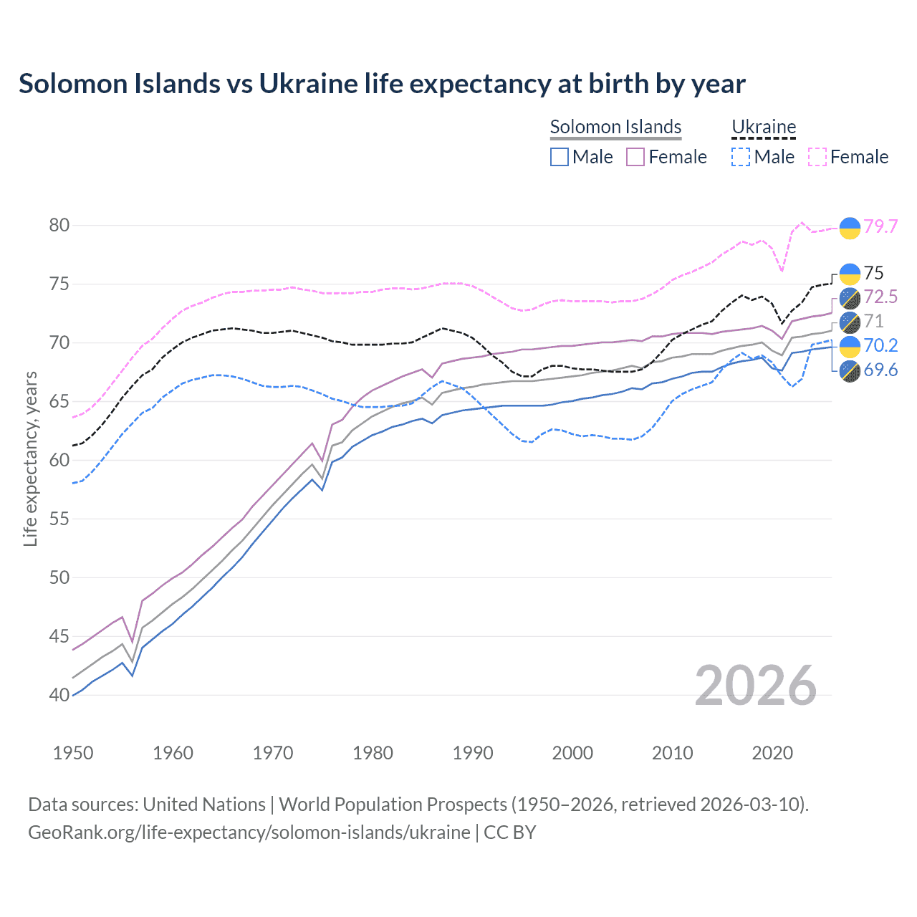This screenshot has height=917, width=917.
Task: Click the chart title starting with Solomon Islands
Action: point(382,84)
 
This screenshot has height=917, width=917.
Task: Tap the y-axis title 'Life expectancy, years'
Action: point(30,458)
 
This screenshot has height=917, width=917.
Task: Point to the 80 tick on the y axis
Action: point(59,225)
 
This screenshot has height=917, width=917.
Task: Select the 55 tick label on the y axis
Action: point(59,519)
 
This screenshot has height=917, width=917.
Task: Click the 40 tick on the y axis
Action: point(59,695)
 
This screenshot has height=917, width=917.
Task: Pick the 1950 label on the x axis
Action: point(73,753)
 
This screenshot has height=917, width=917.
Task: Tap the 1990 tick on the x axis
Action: point(473,753)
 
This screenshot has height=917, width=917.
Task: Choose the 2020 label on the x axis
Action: point(772,753)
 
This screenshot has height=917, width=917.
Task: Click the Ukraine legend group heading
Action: point(764,127)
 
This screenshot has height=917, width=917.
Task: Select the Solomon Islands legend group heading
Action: point(615,127)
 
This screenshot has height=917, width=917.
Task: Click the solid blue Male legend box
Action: point(560,157)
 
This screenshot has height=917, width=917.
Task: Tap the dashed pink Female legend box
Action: point(817,157)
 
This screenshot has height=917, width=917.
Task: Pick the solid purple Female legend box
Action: point(635,157)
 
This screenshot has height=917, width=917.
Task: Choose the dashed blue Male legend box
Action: point(741,157)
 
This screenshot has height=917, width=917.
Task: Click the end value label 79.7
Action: point(880,226)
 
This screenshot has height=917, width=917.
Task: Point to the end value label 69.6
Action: point(880,370)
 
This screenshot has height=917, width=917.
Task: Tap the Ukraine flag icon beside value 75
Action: point(850,274)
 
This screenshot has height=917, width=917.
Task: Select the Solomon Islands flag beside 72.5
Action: point(850,297)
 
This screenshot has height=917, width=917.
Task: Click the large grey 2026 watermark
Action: point(756,686)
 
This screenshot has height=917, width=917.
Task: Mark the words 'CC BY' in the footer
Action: point(510,832)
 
